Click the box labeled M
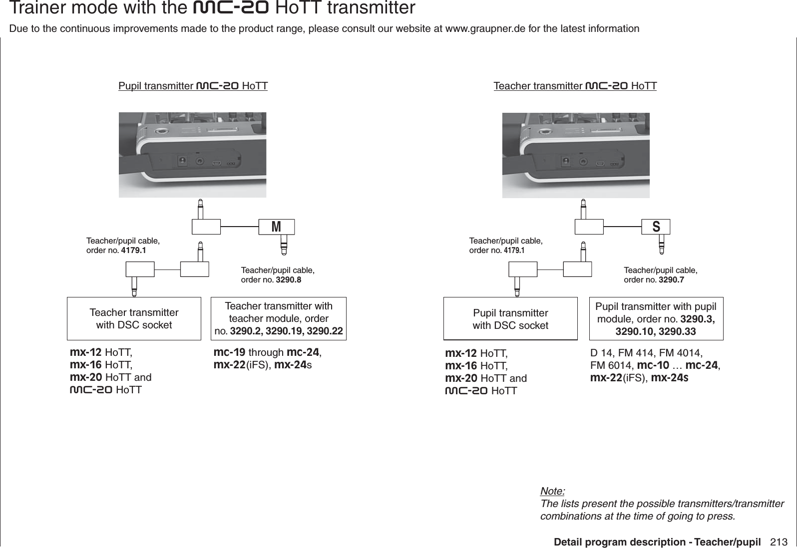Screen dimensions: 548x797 tap(276, 227)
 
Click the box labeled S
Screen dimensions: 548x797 tap(656, 227)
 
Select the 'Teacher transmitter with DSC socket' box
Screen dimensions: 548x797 tap(134, 318)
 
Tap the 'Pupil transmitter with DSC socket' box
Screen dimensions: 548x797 tap(510, 319)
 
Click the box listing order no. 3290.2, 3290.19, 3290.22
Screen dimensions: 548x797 tap(279, 318)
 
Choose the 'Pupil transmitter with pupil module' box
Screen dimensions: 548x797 tap(656, 318)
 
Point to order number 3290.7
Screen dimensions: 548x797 tap(671, 279)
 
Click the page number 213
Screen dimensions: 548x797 tap(779, 542)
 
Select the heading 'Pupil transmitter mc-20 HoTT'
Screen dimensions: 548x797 tap(193, 86)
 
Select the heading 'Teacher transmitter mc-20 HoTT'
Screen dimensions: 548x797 tap(575, 86)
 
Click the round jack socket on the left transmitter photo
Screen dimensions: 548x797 tap(201, 162)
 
